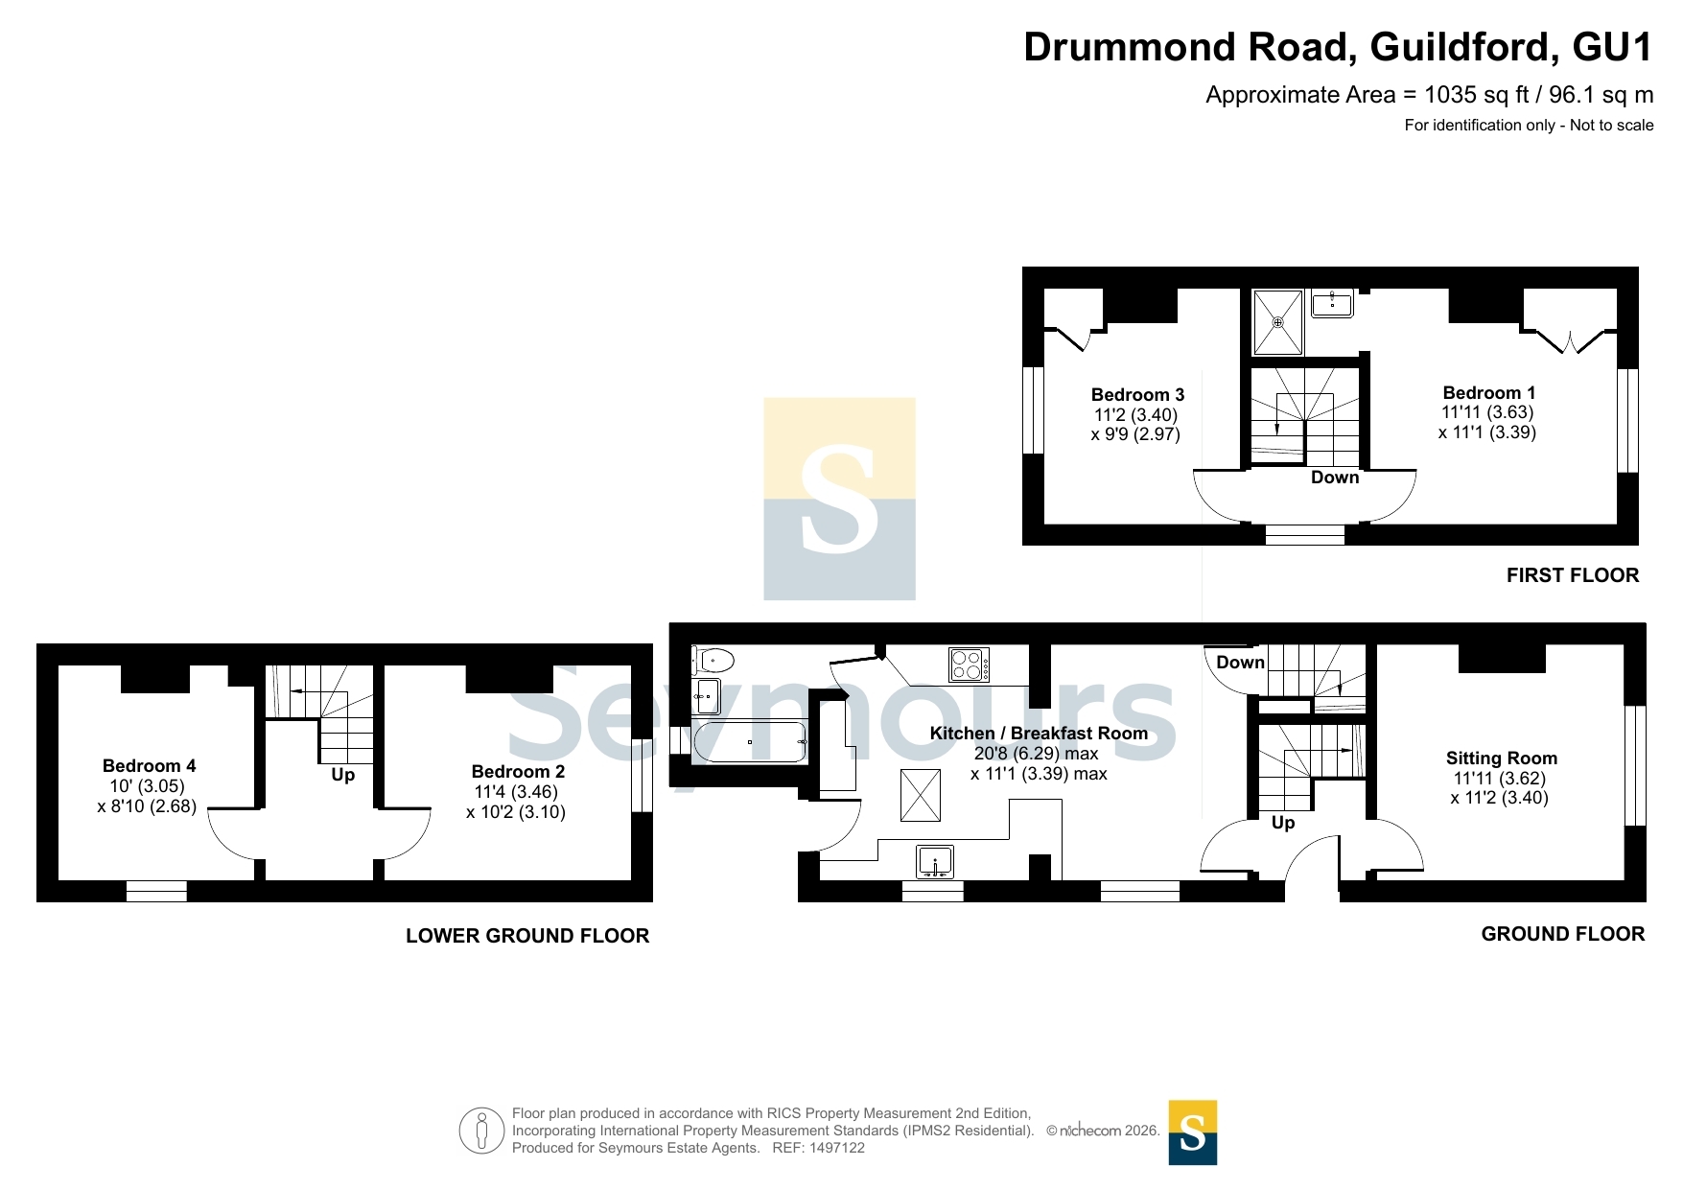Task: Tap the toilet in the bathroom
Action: pos(713,661)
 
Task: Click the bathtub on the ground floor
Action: pos(751,742)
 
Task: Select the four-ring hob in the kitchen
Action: pos(969,665)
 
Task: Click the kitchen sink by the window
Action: pos(934,862)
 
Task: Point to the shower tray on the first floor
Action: pos(1278,322)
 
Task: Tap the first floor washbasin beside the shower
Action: pos(1332,304)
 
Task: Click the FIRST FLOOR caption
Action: pos(1573,575)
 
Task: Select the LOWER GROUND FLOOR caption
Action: pos(527,936)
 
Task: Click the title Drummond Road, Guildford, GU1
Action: pos(1339,47)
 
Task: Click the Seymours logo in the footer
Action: pos(1193,1132)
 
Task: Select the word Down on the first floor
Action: pos(1335,478)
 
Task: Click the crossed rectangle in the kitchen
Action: pos(921,795)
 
